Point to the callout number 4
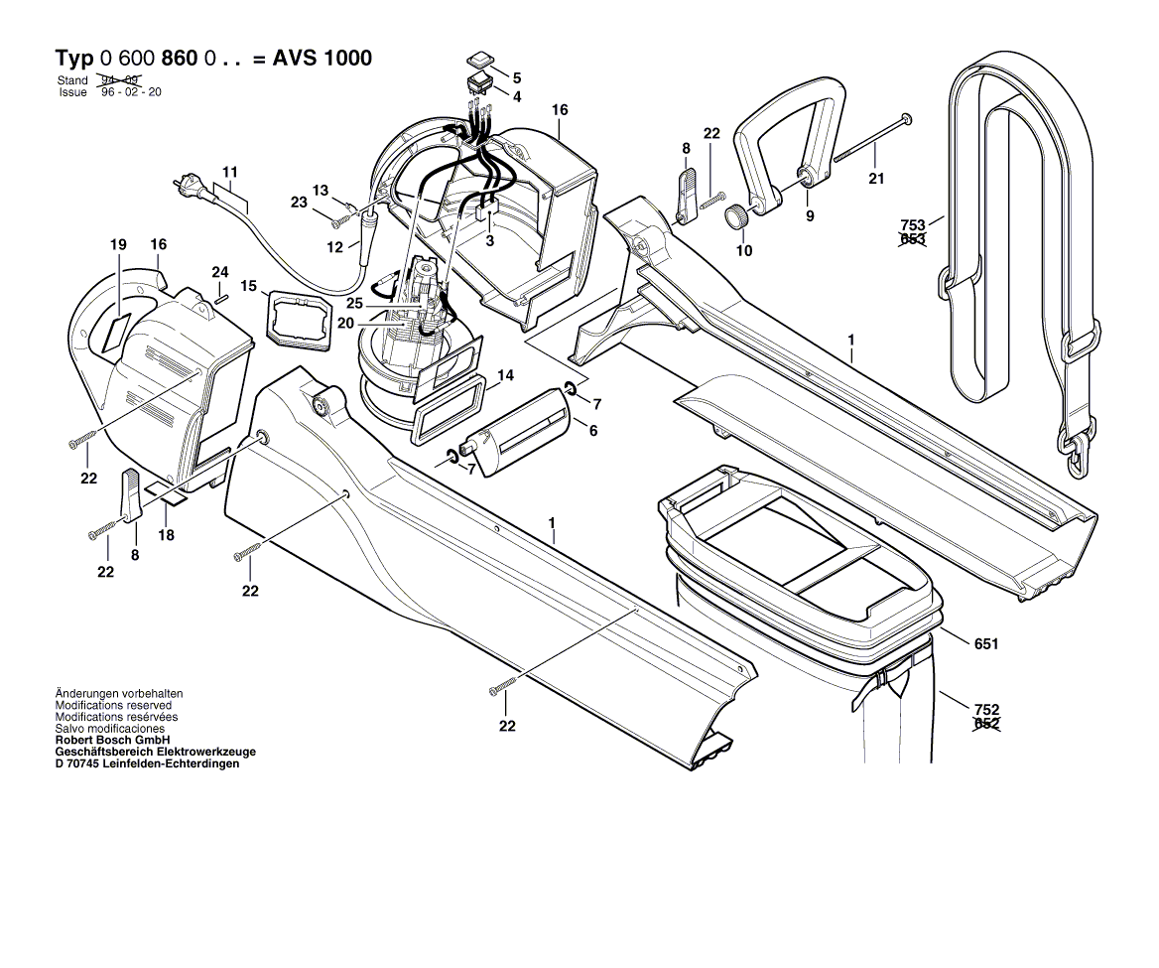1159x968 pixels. pyautogui.click(x=517, y=96)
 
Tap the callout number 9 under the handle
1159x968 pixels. pyautogui.click(x=810, y=215)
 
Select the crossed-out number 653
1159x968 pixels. pyautogui.click(x=912, y=240)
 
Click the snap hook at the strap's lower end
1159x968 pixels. pyautogui.click(x=1075, y=455)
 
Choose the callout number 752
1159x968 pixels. pyautogui.click(x=986, y=710)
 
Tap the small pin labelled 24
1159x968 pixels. pyautogui.click(x=220, y=294)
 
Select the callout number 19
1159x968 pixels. pyautogui.click(x=119, y=245)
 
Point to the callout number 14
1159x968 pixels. pyautogui.click(x=506, y=375)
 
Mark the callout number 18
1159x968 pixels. pyautogui.click(x=167, y=535)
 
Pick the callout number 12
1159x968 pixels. pyautogui.click(x=335, y=245)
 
